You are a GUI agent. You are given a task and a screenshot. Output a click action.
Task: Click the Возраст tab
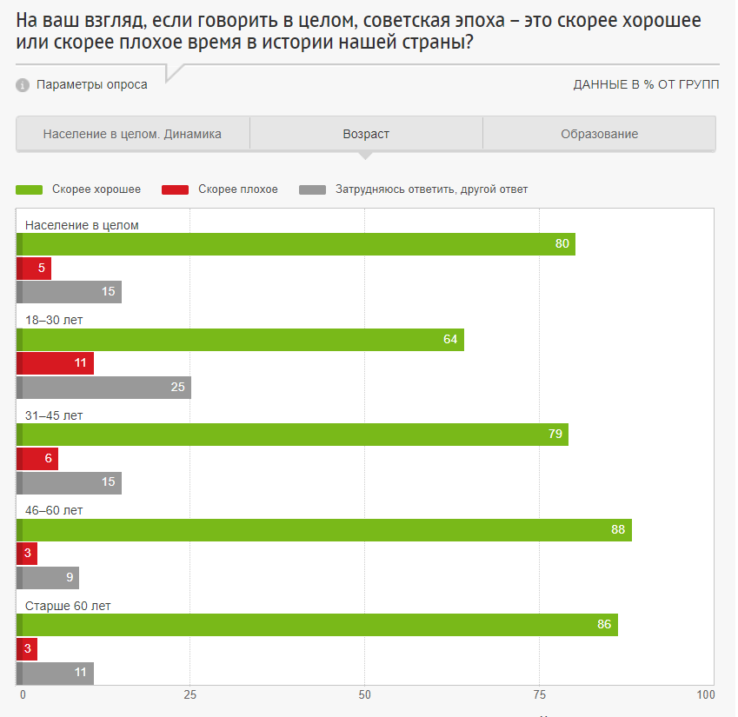point(366,134)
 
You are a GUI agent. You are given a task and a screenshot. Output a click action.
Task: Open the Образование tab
point(599,134)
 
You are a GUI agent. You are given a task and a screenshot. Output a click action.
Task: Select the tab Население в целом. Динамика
point(132,134)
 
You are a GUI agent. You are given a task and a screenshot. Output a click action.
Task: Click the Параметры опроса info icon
point(23,85)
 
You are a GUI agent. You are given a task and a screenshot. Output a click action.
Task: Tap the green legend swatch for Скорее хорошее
point(29,189)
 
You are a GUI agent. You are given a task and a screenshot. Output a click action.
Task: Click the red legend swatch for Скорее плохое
point(176,189)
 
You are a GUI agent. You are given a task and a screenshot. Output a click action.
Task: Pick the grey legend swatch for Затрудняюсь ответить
point(312,189)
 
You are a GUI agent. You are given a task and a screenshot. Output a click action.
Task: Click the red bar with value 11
point(56,363)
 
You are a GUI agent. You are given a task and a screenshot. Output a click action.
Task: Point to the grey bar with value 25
point(104,388)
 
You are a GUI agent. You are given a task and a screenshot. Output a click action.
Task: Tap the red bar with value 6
point(38,458)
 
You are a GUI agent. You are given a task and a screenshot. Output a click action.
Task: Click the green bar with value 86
point(317,625)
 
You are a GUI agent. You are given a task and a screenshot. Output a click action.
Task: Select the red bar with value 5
point(35,269)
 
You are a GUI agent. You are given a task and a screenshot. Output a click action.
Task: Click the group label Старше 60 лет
point(68,606)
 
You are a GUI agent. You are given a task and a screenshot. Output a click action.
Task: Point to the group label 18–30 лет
point(54,320)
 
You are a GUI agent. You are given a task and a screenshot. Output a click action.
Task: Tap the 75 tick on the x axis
point(539,695)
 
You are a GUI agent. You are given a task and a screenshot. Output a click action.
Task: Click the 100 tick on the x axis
point(706,695)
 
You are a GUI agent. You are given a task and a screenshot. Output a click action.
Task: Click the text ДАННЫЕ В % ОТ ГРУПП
point(646,85)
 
